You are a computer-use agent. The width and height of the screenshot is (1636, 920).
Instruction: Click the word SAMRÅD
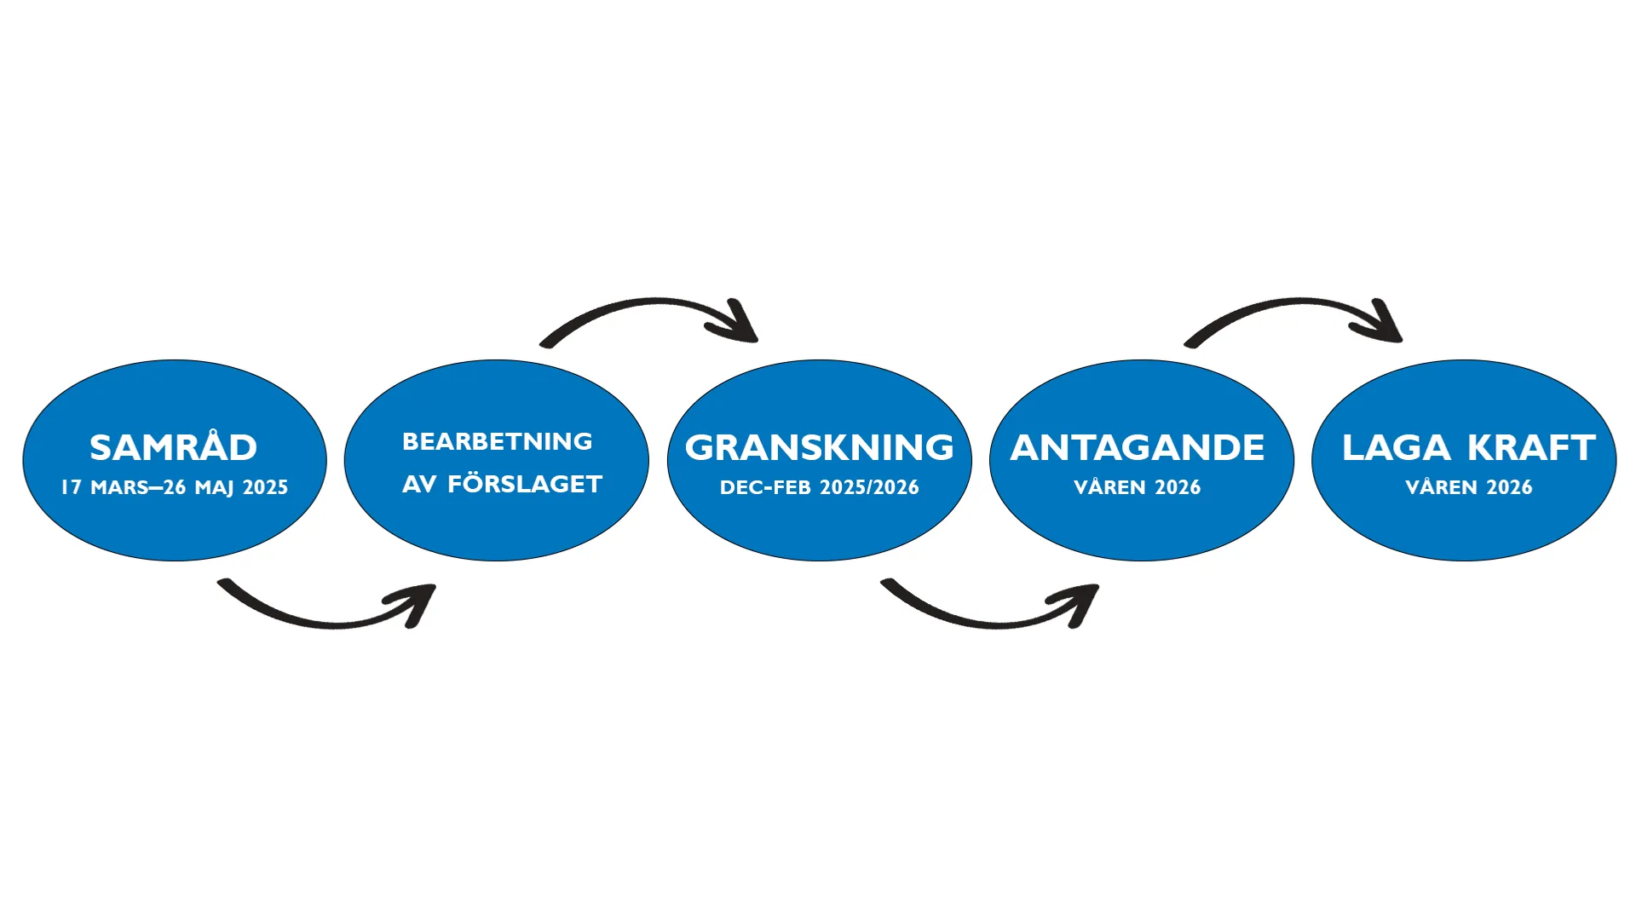[173, 448]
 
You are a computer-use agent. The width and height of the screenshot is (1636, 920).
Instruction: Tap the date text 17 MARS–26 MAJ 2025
[174, 487]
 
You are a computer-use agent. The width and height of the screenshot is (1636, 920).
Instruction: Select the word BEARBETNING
[497, 441]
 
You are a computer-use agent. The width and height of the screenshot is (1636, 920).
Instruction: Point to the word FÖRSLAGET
[525, 484]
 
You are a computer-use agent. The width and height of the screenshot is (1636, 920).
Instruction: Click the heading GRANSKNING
[819, 448]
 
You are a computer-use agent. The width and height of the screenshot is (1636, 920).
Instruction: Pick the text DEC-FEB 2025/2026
[819, 487]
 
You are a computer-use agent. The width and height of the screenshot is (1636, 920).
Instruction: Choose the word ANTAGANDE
[1137, 448]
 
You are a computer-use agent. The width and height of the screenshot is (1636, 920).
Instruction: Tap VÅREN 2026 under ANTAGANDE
[1137, 487]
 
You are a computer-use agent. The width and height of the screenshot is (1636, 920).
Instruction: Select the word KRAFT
[1531, 448]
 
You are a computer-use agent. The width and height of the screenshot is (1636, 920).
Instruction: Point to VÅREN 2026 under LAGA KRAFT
[1468, 487]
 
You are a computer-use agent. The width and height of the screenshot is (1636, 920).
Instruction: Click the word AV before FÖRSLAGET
[419, 484]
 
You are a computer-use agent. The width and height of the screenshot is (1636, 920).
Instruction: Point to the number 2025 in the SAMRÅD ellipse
[265, 487]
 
